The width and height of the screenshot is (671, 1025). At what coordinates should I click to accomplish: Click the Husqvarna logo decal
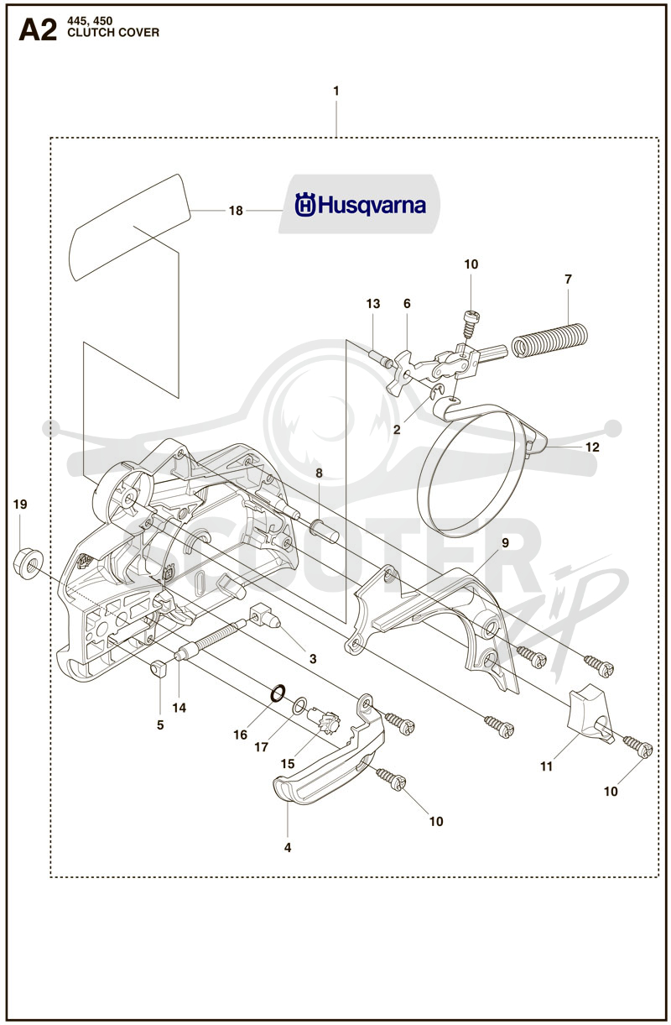click(360, 204)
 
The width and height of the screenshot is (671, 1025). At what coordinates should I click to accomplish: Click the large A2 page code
click(38, 31)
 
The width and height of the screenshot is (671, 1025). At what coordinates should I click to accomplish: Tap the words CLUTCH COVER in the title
click(113, 33)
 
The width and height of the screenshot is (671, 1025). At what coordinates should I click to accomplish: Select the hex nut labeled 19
click(29, 562)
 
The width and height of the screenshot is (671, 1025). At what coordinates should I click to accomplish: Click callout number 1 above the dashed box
click(336, 91)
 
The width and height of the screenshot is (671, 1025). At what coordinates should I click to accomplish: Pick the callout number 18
click(236, 211)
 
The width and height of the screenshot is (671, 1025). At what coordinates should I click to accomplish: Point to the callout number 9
click(505, 542)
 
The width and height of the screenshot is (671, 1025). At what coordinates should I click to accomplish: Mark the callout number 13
click(373, 303)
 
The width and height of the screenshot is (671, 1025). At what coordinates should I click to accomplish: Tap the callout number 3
click(313, 659)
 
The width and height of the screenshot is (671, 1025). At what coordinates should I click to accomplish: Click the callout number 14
click(179, 708)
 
